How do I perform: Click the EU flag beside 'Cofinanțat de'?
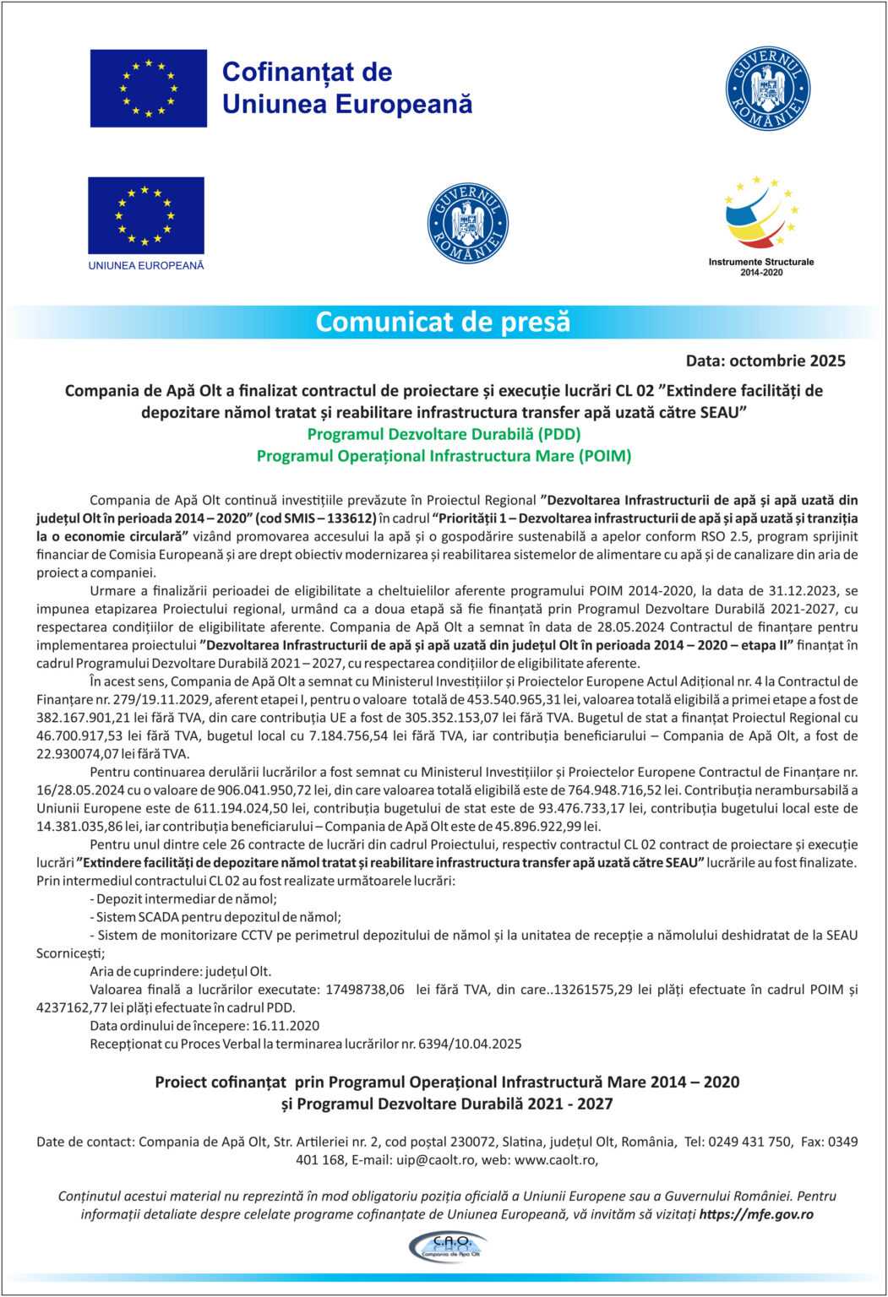tap(149, 88)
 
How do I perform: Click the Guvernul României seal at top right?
tap(767, 89)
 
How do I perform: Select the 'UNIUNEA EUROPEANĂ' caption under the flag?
tap(146, 265)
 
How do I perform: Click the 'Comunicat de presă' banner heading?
tap(443, 322)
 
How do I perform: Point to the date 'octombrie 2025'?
tap(787, 361)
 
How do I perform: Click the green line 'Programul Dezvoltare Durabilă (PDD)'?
tap(444, 434)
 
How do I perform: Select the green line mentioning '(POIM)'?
tap(444, 456)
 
